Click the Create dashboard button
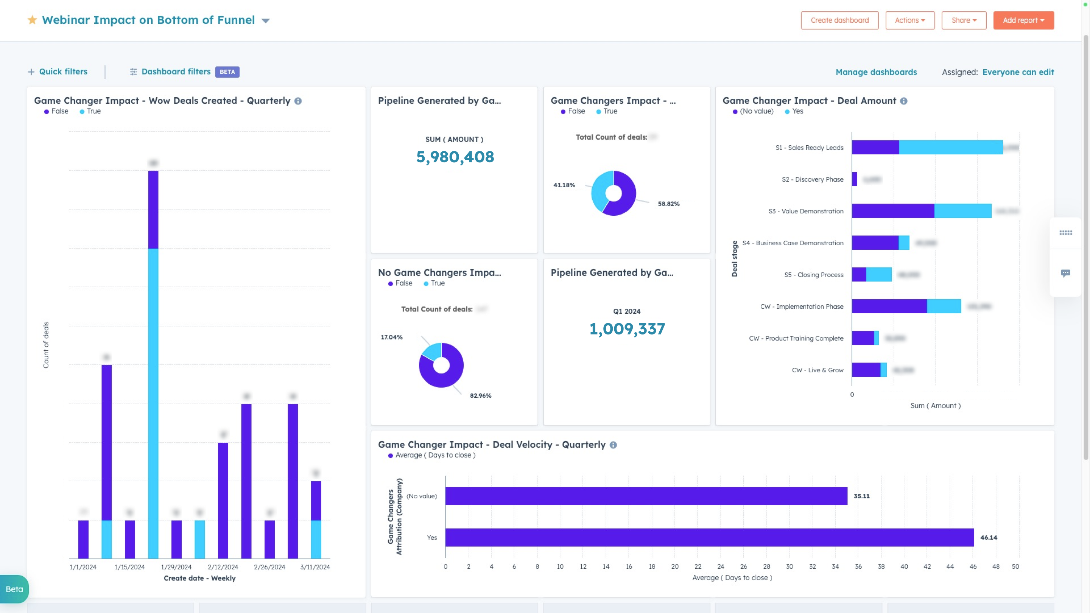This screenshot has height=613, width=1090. click(x=839, y=20)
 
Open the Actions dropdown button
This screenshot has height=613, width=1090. click(x=909, y=20)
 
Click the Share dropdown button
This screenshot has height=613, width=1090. click(x=964, y=20)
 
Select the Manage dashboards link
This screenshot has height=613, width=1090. click(x=876, y=72)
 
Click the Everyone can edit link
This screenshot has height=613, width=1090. click(x=1018, y=72)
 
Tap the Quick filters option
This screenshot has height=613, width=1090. click(x=58, y=72)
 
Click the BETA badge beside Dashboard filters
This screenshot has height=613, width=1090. click(x=227, y=72)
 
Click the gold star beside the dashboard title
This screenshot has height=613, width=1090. click(x=32, y=20)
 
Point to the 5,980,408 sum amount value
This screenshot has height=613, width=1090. click(x=455, y=157)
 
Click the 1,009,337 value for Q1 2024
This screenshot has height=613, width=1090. click(x=627, y=329)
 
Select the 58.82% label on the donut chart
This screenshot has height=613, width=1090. click(x=668, y=204)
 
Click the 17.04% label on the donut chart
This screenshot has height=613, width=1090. click(x=391, y=337)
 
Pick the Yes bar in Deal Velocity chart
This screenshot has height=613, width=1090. click(x=709, y=537)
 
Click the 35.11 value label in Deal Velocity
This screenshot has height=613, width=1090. click(x=861, y=496)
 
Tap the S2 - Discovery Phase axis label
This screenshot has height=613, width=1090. click(x=812, y=179)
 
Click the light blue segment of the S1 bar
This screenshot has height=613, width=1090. click(x=950, y=147)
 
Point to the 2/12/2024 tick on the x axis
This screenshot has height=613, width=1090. click(x=223, y=567)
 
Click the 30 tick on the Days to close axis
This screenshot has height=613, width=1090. click(x=789, y=566)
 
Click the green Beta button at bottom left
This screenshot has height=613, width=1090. click(x=14, y=589)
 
